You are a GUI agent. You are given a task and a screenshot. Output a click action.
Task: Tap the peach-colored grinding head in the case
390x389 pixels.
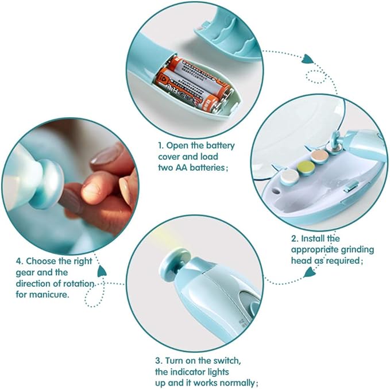(319, 156)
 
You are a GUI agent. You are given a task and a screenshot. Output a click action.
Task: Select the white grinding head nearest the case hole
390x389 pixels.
(290, 176)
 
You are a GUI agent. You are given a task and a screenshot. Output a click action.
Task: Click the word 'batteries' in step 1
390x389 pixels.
(207, 168)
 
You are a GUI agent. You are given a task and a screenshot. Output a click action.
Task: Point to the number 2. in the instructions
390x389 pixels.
(295, 238)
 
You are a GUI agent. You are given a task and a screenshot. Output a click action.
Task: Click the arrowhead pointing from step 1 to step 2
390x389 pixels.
(307, 59)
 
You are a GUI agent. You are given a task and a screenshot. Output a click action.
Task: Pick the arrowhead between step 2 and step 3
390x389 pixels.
(309, 272)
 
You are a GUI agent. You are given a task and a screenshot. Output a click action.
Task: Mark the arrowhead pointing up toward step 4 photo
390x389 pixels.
(102, 271)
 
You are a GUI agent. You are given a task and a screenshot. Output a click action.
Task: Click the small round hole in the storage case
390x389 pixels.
(275, 191)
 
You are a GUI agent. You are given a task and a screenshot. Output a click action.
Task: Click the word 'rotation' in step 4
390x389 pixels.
(79, 283)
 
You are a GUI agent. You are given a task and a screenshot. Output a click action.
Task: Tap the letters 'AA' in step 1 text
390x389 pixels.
(182, 168)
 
